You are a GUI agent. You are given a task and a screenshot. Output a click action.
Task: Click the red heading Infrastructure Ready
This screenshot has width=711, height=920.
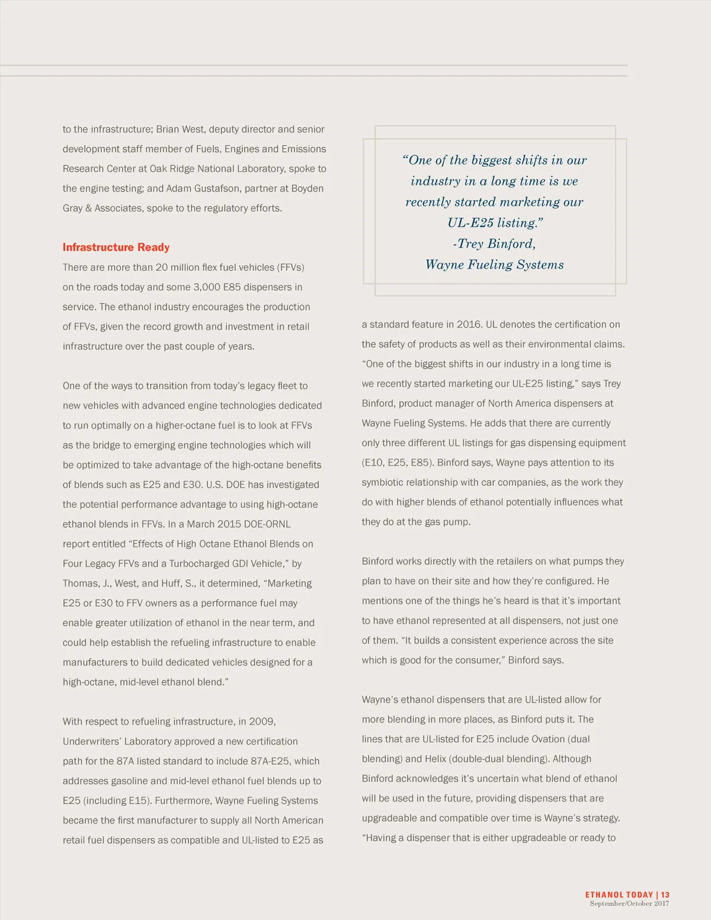(x=116, y=248)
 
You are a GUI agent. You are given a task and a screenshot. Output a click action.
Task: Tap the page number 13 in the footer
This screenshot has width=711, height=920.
(x=665, y=895)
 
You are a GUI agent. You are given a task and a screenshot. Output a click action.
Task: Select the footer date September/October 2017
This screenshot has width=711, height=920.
(x=629, y=903)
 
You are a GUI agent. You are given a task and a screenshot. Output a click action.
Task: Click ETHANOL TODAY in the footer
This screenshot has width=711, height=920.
(x=619, y=895)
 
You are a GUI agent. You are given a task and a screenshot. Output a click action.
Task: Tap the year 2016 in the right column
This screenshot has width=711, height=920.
(x=459, y=325)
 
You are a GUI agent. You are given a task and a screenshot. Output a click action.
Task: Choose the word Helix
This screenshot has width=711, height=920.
(x=435, y=759)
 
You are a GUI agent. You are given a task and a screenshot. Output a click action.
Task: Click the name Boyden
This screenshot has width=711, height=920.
(x=307, y=188)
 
